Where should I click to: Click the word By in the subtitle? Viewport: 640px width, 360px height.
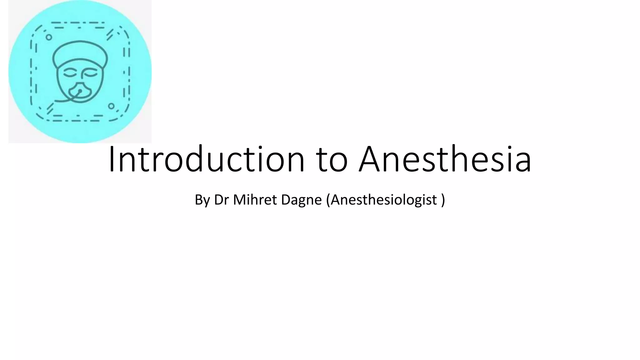click(202, 200)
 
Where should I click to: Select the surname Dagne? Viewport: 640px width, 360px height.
click(301, 200)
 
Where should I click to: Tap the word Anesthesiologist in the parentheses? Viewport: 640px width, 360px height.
click(383, 200)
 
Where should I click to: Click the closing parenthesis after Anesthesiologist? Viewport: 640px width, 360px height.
click(443, 200)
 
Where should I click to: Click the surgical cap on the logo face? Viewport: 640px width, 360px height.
click(80, 53)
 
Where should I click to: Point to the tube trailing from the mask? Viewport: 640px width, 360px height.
click(64, 100)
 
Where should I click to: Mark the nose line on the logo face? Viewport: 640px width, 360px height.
click(82, 75)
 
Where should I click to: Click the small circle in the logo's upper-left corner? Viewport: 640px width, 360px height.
click(49, 37)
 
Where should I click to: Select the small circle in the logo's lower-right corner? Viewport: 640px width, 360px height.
click(111, 106)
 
